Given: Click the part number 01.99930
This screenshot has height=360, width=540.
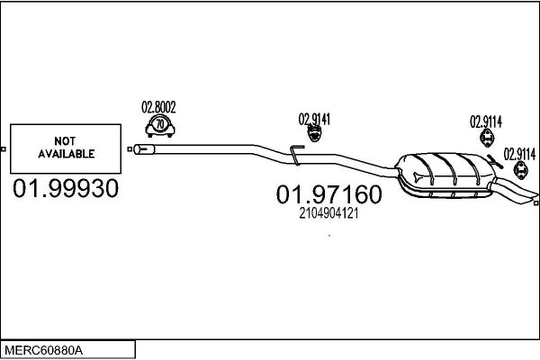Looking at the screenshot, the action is pyautogui.click(x=66, y=188).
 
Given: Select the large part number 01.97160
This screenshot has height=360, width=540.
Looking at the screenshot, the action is pyautogui.click(x=328, y=194).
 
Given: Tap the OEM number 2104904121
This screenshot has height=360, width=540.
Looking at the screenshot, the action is pyautogui.click(x=328, y=213).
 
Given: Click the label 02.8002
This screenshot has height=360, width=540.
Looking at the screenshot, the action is pyautogui.click(x=158, y=107).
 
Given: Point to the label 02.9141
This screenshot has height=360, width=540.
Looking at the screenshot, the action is pyautogui.click(x=314, y=119).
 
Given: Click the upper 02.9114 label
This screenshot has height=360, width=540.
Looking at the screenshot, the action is pyautogui.click(x=486, y=121).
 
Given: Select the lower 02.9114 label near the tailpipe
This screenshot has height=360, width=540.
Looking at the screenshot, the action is pyautogui.click(x=519, y=154).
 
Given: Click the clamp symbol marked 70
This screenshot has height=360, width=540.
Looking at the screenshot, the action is pyautogui.click(x=160, y=126).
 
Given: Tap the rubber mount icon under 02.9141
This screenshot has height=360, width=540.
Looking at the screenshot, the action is pyautogui.click(x=314, y=133).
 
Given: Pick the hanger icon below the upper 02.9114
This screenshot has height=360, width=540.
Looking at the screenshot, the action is pyautogui.click(x=487, y=138).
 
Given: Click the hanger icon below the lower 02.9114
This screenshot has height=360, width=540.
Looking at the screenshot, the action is pyautogui.click(x=520, y=170).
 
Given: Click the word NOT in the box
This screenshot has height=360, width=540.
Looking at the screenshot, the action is pyautogui.click(x=65, y=141).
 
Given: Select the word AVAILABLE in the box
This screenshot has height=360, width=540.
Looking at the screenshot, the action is pyautogui.click(x=66, y=154).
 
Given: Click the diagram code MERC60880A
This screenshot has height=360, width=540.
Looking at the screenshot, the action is pyautogui.click(x=44, y=351).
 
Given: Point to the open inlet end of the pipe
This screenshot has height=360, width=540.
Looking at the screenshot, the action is pyautogui.click(x=138, y=149).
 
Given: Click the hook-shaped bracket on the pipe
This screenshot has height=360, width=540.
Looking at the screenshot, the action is pyautogui.click(x=296, y=155).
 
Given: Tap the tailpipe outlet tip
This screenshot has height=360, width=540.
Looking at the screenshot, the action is pyautogui.click(x=533, y=198).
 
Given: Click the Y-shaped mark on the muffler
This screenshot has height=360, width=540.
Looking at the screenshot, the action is pyautogui.click(x=418, y=176).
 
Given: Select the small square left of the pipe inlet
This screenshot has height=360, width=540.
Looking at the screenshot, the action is pyautogui.click(x=130, y=149).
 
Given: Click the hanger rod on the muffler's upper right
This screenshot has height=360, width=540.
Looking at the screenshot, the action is pyautogui.click(x=494, y=162).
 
